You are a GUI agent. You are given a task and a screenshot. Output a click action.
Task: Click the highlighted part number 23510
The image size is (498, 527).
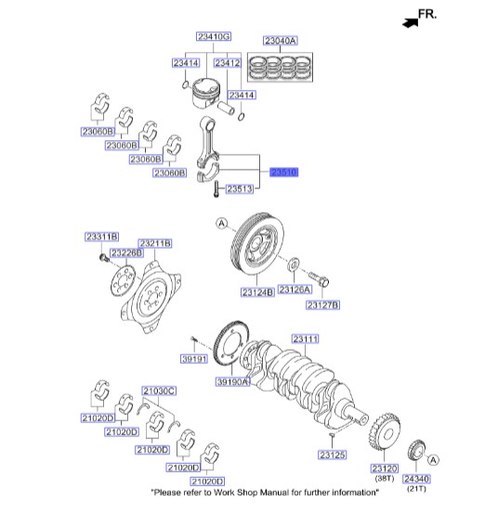pos(284,173)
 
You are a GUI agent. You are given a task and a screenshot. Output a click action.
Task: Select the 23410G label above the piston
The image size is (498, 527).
pos(214,36)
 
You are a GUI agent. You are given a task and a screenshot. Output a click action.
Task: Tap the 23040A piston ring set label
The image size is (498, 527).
pos(280,41)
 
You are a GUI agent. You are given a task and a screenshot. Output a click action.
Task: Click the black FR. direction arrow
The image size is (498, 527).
pos(411,23)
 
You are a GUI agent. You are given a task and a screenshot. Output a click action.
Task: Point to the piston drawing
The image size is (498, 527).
pos(205,94)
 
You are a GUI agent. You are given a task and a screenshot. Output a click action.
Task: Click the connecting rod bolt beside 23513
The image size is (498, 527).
pos(216,188)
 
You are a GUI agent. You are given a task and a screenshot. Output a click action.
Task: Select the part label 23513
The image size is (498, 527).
pos(240,189)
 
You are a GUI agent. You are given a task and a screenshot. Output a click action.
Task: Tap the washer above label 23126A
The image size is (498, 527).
pos(294,264)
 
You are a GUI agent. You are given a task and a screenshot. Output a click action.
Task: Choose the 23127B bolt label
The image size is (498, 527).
pos(322,305)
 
